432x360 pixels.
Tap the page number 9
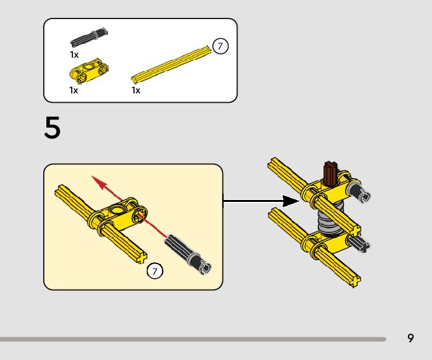coord(410,338)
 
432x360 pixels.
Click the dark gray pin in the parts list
coord(89,37)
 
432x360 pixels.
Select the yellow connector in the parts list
coord(89,70)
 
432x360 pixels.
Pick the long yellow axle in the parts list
coord(171,65)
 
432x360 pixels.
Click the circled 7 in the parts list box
coord(220,46)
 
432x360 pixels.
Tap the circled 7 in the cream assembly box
coord(155,271)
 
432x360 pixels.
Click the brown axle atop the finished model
coord(330,173)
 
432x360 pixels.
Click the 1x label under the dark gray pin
coord(74,55)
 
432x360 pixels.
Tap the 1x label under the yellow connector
coord(74,90)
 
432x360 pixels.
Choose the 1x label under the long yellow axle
coord(136,90)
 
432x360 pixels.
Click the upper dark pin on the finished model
coord(358,191)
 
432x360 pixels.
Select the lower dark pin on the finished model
coord(358,244)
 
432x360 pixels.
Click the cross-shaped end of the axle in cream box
coord(141,258)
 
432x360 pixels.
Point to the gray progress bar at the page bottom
coord(193,339)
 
